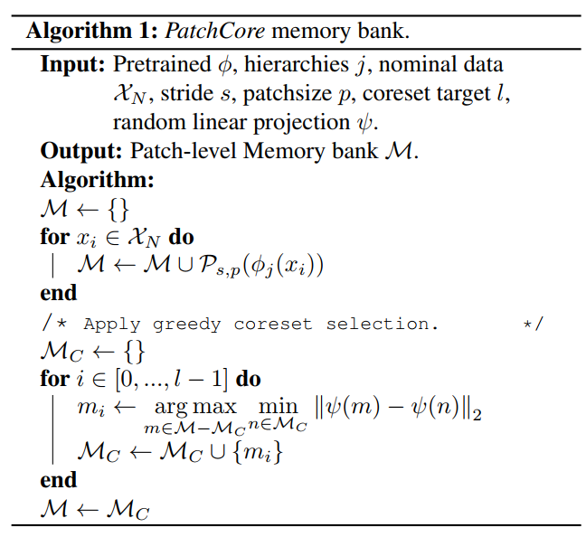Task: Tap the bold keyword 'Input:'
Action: [73, 65]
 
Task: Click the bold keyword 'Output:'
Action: [80, 150]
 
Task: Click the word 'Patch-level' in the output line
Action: [175, 150]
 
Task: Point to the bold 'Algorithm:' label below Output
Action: [98, 179]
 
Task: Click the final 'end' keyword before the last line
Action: [59, 480]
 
